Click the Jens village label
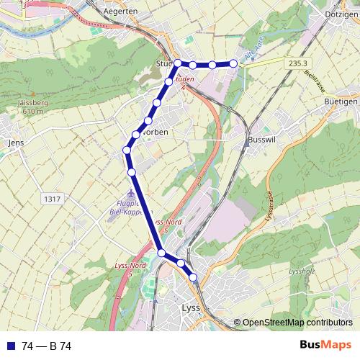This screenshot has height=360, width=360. (x=15, y=143)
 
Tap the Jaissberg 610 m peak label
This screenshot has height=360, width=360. (x=29, y=108)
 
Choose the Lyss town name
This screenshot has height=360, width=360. (x=186, y=308)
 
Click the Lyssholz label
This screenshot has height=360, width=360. (x=302, y=271)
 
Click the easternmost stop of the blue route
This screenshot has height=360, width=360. (x=233, y=64)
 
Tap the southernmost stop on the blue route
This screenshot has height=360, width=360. (x=193, y=277)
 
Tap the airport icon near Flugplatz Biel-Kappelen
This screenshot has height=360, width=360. (x=130, y=196)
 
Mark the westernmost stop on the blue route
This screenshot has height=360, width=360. (x=127, y=150)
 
